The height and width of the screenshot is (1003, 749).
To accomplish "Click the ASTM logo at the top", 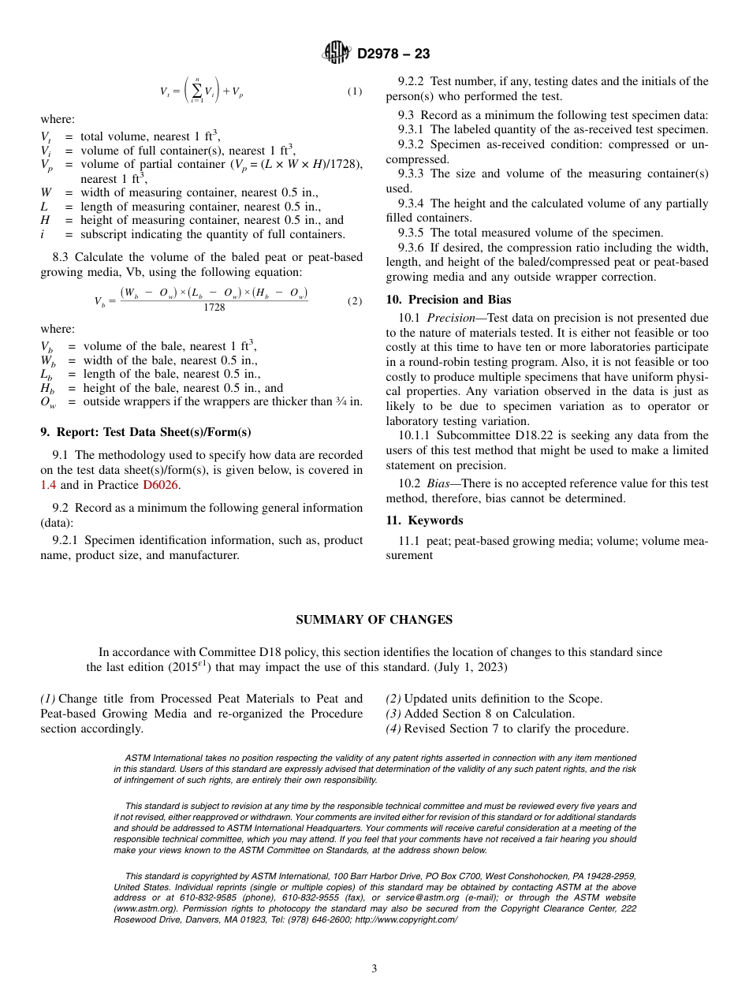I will pyautogui.click(x=337, y=54).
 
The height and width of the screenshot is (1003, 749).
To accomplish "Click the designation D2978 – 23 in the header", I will pyautogui.click(x=393, y=54).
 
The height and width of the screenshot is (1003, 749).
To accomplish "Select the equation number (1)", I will pyautogui.click(x=355, y=91).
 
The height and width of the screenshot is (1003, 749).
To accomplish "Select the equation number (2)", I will pyautogui.click(x=355, y=300).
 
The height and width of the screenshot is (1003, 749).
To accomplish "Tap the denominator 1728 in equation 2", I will pyautogui.click(x=214, y=308).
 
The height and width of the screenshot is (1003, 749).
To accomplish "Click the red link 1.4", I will pyautogui.click(x=48, y=485).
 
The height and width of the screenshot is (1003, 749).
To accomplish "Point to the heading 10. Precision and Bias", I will pyautogui.click(x=448, y=300).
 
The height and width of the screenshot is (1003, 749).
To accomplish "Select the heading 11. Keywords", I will pyautogui.click(x=424, y=520).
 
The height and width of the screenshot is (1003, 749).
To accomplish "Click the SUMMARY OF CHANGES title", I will pyautogui.click(x=374, y=620).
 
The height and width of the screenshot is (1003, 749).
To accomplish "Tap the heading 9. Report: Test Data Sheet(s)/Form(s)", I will pyautogui.click(x=146, y=432).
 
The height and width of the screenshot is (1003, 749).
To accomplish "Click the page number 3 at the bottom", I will pyautogui.click(x=374, y=969).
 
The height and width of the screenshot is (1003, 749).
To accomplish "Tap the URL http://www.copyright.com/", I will pyautogui.click(x=406, y=919).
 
